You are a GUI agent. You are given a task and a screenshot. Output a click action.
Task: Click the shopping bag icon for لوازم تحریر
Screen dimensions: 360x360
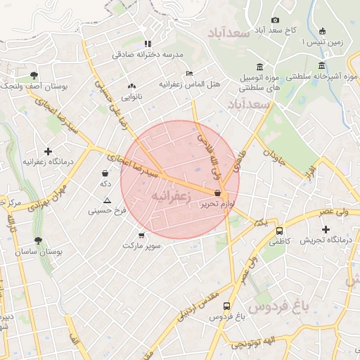click(x=217, y=192)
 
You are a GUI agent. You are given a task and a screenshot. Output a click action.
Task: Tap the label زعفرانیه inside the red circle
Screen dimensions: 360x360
click(x=169, y=195)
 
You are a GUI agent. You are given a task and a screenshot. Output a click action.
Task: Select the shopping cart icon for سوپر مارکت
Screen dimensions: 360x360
click(x=141, y=236)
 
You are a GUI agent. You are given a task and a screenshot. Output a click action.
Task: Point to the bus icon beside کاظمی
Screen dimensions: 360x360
click(x=279, y=231)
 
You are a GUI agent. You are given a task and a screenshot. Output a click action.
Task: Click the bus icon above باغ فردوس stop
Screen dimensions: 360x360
click(x=226, y=306)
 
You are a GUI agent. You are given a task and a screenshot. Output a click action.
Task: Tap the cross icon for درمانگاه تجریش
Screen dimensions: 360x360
click(x=326, y=229)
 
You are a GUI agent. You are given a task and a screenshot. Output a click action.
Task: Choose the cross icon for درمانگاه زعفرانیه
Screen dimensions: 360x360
click(x=48, y=151)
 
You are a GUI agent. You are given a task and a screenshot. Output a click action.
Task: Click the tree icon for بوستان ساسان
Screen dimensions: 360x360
click(x=37, y=240)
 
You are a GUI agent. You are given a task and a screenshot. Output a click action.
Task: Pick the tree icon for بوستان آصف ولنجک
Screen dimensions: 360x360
click(x=34, y=75)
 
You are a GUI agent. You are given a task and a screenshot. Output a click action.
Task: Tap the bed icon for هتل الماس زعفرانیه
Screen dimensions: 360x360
click(x=189, y=73)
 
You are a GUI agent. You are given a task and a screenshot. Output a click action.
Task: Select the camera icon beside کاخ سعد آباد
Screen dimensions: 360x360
click(x=275, y=20)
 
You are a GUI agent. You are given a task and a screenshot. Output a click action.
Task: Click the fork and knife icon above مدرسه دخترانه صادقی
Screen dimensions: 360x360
click(x=147, y=44)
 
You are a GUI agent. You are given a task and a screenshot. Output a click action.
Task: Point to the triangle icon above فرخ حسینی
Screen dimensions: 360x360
click(x=107, y=200)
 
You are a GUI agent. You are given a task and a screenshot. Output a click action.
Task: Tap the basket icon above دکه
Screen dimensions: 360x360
click(x=105, y=173)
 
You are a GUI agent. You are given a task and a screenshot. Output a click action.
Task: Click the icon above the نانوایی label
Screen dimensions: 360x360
click(x=131, y=86)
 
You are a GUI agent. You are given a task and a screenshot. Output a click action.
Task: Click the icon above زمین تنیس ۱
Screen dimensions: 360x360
click(x=322, y=31)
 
